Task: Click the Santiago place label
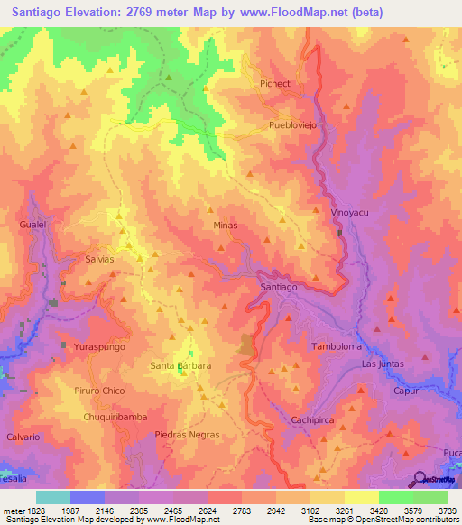click(278, 287)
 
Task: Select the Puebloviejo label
click(293, 126)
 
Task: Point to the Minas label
click(226, 225)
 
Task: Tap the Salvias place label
click(99, 258)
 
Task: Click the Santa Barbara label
click(180, 366)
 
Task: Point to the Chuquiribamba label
click(115, 417)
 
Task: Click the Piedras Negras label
click(187, 435)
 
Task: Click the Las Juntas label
click(383, 364)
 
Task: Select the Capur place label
click(404, 391)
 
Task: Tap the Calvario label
click(23, 437)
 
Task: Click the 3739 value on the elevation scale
click(446, 510)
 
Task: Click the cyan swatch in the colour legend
click(52, 497)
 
